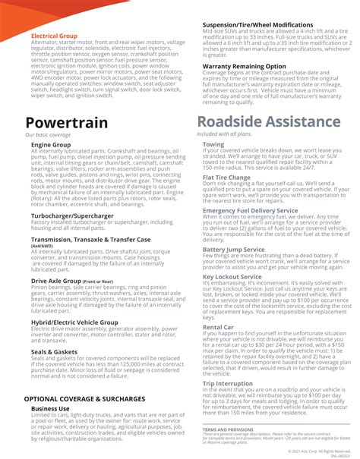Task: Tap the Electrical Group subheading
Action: pos(55,35)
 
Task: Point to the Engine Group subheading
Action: pos(51,144)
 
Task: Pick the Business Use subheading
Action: pos(51,408)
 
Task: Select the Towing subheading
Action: pos(213,143)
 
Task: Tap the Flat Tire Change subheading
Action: pos(227,177)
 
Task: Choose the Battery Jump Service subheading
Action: pos(234,249)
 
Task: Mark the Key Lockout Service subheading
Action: pos(232,277)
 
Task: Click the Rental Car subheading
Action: pos(219,327)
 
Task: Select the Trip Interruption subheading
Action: pos(228,383)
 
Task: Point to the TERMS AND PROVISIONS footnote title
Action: pos(229,429)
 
